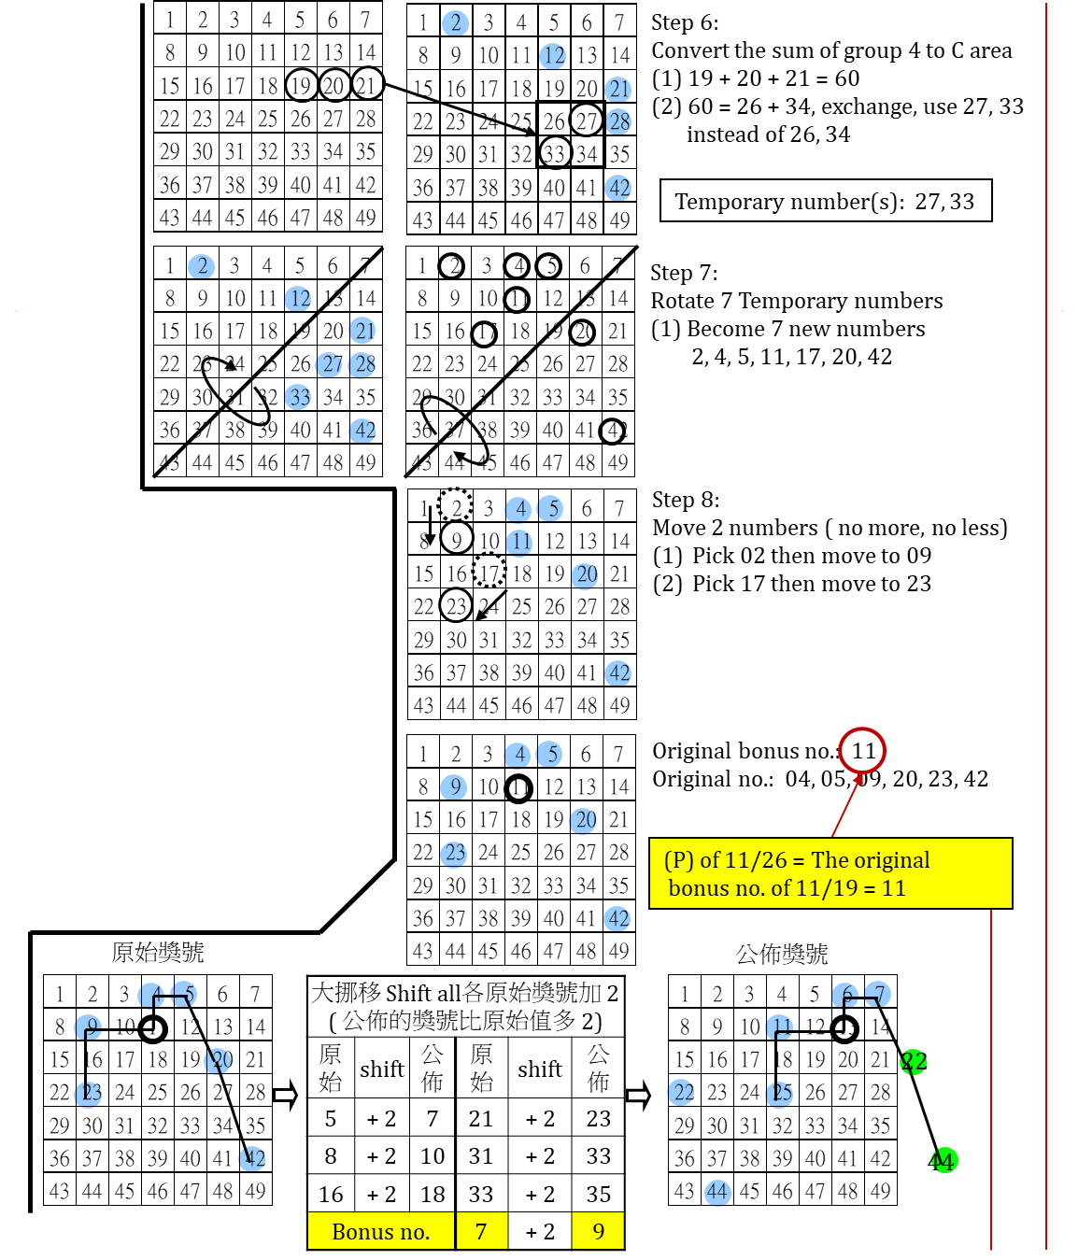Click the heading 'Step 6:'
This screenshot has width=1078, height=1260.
click(685, 22)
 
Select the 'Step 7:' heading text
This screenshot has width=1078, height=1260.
click(684, 273)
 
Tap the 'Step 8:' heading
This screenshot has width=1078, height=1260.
click(686, 500)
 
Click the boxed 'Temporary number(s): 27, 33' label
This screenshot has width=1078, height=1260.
click(825, 202)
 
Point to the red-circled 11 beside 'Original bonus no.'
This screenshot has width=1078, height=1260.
click(862, 750)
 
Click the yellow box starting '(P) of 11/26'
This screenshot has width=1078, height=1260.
click(830, 873)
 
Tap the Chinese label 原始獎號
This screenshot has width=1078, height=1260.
click(157, 952)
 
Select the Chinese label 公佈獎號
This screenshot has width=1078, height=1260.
click(781, 954)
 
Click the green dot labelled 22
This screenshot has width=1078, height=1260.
click(914, 1061)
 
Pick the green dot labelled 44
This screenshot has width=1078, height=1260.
click(943, 1161)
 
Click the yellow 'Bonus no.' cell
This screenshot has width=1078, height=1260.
click(380, 1232)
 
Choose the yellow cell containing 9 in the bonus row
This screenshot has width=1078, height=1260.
click(598, 1232)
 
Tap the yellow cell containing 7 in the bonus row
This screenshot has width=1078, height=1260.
click(481, 1232)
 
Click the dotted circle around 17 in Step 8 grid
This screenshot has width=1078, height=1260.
click(489, 570)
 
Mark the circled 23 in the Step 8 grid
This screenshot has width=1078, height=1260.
click(456, 606)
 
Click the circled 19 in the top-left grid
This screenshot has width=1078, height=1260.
click(300, 86)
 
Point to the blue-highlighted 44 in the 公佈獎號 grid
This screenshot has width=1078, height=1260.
click(716, 1192)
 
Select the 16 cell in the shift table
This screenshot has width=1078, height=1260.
click(331, 1195)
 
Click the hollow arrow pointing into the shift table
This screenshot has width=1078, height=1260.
click(285, 1095)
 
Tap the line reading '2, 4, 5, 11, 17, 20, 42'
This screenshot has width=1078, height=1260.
click(791, 357)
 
